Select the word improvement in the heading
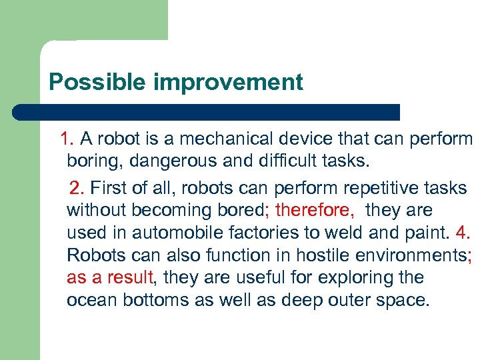pos(228,82)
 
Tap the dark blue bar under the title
pos(207,112)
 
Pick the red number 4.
pos(463,233)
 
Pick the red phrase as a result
pos(110,277)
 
